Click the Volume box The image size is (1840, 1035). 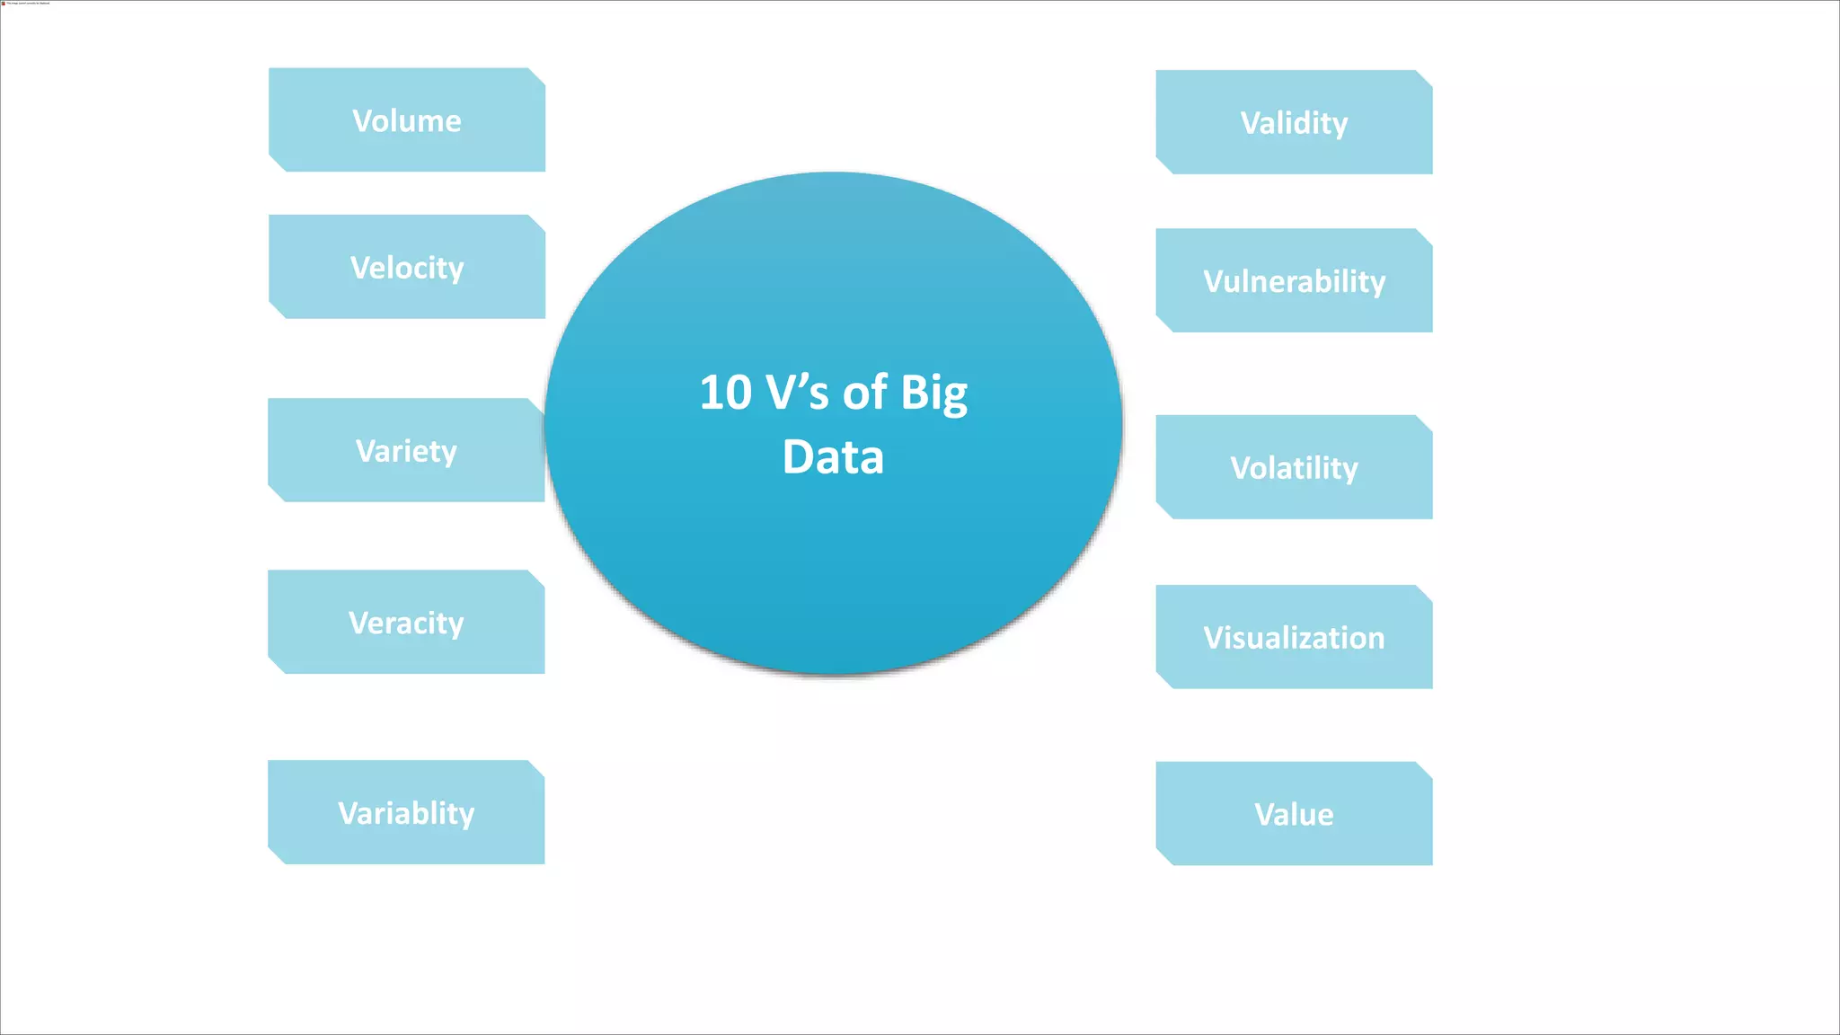pyautogui.click(x=406, y=119)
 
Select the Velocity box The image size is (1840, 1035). pyautogui.click(x=406, y=266)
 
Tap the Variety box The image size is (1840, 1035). pyautogui.click(x=406, y=449)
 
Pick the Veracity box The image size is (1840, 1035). pyautogui.click(x=406, y=622)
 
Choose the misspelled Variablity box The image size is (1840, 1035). pyautogui.click(x=406, y=812)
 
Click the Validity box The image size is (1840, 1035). pyautogui.click(x=1294, y=122)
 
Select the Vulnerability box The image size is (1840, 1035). pyautogui.click(x=1294, y=280)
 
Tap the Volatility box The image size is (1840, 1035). pyautogui.click(x=1294, y=467)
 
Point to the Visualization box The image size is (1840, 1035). pyautogui.click(x=1294, y=637)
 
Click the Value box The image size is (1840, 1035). pyautogui.click(x=1294, y=814)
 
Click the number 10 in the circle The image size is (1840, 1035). pyautogui.click(x=725, y=393)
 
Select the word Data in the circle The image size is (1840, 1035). pyautogui.click(x=833, y=456)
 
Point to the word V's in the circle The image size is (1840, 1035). pyautogui.click(x=797, y=393)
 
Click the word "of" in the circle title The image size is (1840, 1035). pyautogui.click(x=864, y=393)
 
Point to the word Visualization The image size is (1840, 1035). pyautogui.click(x=1294, y=638)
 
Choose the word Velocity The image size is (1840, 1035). pyautogui.click(x=406, y=268)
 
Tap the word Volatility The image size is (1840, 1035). pyautogui.click(x=1294, y=468)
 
